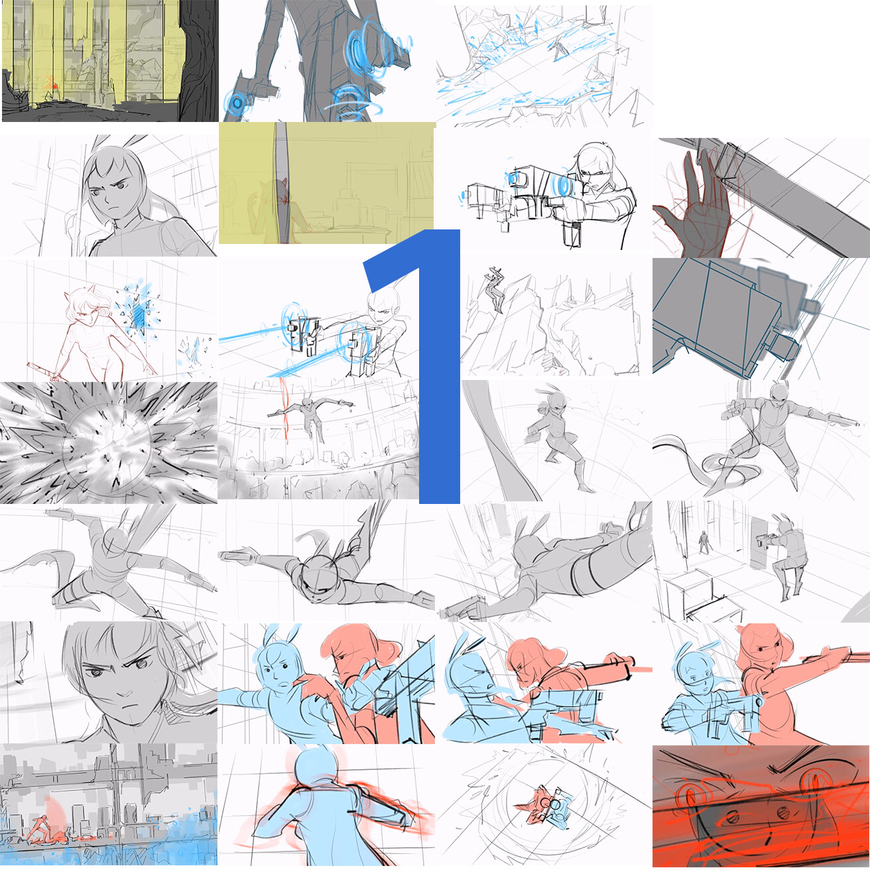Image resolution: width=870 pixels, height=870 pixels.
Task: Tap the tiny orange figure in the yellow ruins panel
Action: tap(51, 84)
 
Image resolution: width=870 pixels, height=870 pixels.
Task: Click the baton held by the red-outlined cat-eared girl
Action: tap(43, 369)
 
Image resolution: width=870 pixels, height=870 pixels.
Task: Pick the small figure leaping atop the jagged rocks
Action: tap(495, 289)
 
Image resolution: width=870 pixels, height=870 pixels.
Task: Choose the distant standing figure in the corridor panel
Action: tap(704, 542)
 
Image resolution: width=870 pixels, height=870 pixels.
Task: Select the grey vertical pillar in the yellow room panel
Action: tap(282, 183)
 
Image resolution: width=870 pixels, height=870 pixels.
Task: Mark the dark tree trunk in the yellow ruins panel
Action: tap(199, 61)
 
